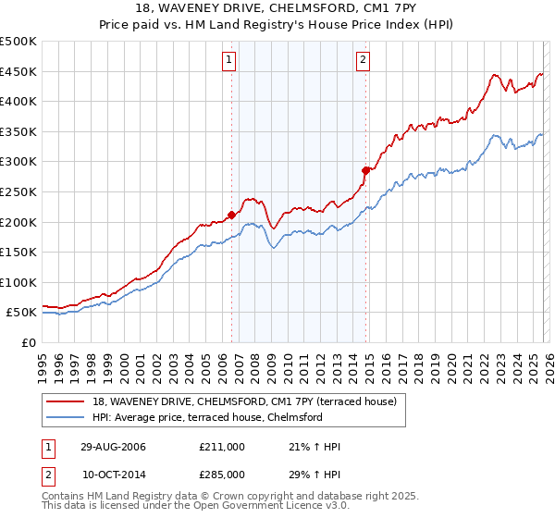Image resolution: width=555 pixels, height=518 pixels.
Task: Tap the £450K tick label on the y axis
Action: [x=18, y=71]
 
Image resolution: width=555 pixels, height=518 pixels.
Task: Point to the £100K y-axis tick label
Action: [x=18, y=282]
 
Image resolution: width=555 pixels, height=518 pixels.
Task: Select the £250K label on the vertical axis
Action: [x=18, y=191]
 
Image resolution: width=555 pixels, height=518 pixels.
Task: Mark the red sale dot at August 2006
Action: [x=231, y=215]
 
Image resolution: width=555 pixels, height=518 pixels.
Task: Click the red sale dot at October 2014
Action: [x=365, y=170]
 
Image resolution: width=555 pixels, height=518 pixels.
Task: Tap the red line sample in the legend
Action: [x=67, y=401]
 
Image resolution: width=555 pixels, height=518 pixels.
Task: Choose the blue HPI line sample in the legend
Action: [x=67, y=417]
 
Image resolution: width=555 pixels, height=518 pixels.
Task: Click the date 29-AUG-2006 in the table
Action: [x=113, y=447]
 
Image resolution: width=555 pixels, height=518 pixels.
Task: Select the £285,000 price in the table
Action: [x=222, y=474]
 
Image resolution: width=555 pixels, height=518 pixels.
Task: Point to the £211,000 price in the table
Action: [x=222, y=447]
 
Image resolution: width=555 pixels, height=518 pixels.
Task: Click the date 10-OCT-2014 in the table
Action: [x=113, y=474]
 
